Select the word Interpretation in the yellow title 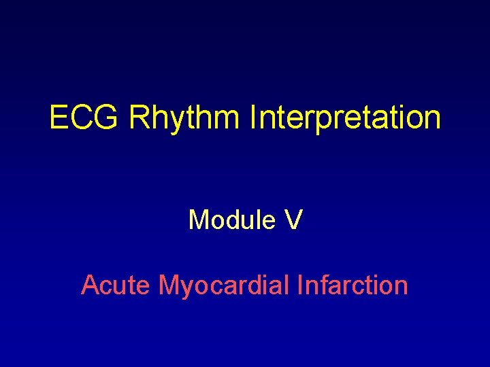[345, 118]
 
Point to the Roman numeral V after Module [293, 220]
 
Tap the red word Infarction [353, 285]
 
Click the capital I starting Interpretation [253, 118]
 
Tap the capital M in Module [199, 220]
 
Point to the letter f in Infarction [321, 285]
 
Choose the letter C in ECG [83, 118]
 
